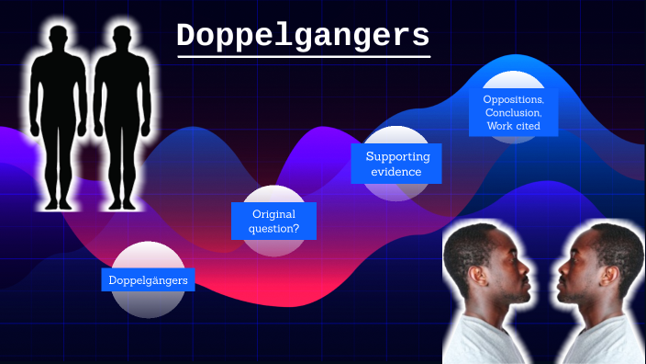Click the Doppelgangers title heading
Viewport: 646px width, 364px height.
(303, 36)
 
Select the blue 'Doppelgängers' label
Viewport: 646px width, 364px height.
(148, 279)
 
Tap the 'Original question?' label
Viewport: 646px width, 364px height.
(273, 221)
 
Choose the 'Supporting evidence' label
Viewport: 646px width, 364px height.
(397, 165)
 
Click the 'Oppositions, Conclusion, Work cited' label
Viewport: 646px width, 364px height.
(513, 112)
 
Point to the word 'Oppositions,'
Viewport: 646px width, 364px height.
(513, 99)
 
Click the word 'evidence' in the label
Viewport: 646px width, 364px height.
(397, 172)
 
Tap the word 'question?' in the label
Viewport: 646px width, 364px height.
(273, 228)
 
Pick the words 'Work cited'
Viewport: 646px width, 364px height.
(513, 125)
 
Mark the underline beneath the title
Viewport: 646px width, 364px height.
(303, 58)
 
